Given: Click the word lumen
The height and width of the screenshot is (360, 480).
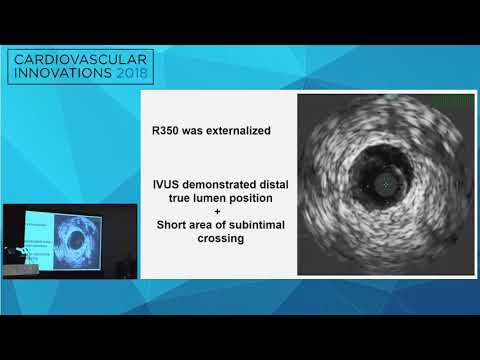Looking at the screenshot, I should [x=218, y=198].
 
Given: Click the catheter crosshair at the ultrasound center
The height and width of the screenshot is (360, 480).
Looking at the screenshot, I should [x=387, y=184].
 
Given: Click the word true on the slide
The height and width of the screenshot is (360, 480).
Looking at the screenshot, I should [x=187, y=198].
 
